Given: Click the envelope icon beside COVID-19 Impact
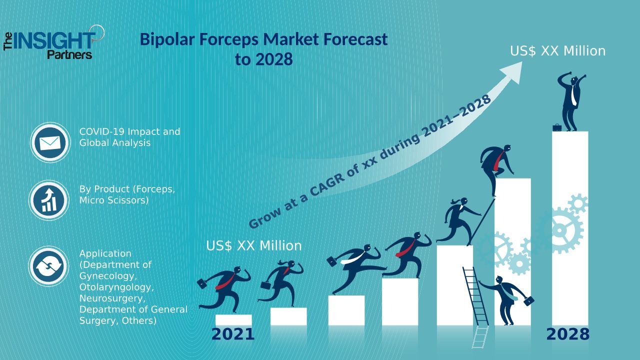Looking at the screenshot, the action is (50, 142).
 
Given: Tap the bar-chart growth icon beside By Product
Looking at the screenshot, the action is (49, 200).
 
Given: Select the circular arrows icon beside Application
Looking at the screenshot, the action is (48, 266).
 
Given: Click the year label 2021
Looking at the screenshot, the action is (233, 334).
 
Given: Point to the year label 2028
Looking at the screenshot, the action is (567, 334).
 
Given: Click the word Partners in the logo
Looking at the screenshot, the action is (69, 54).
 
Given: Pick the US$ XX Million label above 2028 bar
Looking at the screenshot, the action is (557, 51).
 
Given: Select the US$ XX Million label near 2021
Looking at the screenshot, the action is (253, 245).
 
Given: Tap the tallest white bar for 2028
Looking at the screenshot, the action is (570, 228).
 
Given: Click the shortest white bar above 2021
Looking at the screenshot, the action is (233, 320).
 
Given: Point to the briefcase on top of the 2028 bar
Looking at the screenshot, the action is (557, 127).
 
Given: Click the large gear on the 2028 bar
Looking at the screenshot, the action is (560, 230).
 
